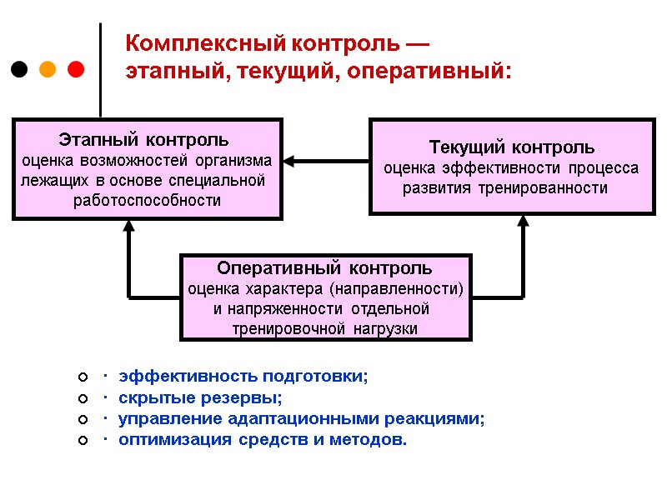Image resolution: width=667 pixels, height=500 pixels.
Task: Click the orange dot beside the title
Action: [48, 68]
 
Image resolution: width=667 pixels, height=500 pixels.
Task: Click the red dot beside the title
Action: [75, 68]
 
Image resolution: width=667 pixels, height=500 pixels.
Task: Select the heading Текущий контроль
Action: [511, 148]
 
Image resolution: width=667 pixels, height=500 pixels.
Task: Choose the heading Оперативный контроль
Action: [324, 268]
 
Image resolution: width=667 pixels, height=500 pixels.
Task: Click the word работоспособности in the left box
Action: [147, 201]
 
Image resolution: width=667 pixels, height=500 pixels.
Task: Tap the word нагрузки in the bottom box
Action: [385, 329]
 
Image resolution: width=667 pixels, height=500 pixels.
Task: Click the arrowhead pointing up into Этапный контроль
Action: [128, 227]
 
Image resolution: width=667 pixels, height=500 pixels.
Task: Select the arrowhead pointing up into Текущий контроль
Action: [524, 222]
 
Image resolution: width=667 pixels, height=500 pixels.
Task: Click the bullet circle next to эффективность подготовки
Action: [82, 377]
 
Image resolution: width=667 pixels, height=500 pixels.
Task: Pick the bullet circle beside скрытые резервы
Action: [82, 397]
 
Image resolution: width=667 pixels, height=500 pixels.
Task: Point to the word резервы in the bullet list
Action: [248, 397]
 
